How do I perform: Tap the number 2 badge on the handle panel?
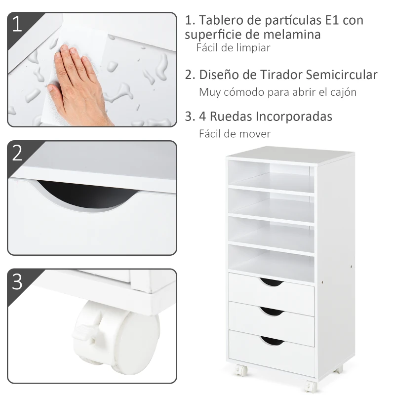pos(18,153)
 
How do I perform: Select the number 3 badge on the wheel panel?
pos(18,281)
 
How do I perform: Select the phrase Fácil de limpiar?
pos(234,48)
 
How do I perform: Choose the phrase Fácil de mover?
pos(235,134)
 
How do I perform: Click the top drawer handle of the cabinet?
pos(272,282)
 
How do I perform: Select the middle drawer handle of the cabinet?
pos(272,311)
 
